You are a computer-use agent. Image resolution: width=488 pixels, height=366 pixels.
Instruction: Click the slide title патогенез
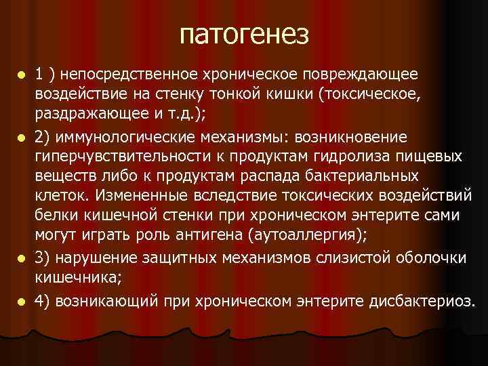click(244, 34)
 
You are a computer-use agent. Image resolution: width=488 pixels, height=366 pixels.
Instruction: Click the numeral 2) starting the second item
click(43, 138)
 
